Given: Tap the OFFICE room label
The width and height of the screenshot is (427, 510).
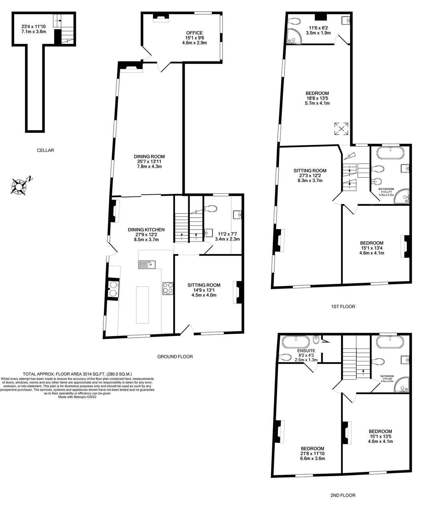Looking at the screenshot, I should point(194,33).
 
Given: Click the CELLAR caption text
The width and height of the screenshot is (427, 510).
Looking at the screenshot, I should point(45,150).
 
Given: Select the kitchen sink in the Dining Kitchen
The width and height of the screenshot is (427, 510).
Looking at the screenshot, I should point(146,264).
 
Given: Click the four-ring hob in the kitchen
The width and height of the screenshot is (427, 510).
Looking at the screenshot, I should point(168,288).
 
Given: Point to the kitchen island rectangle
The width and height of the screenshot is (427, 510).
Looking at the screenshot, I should point(142,304).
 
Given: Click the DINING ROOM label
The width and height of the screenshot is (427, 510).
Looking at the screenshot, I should point(149,156).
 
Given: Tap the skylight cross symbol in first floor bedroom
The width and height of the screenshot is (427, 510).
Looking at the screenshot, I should point(341,129).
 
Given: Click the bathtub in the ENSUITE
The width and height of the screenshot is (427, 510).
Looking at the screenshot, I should point(295,342).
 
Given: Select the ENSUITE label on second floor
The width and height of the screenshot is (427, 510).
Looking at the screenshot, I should point(306,351).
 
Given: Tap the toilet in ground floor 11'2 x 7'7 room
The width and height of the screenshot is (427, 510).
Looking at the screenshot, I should point(211,208).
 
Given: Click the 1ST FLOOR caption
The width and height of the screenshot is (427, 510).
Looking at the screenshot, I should point(343,306).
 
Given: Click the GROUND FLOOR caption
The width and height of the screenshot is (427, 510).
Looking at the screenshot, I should point(175,356).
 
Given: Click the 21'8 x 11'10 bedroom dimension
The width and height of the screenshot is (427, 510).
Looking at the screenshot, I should point(312,453).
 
